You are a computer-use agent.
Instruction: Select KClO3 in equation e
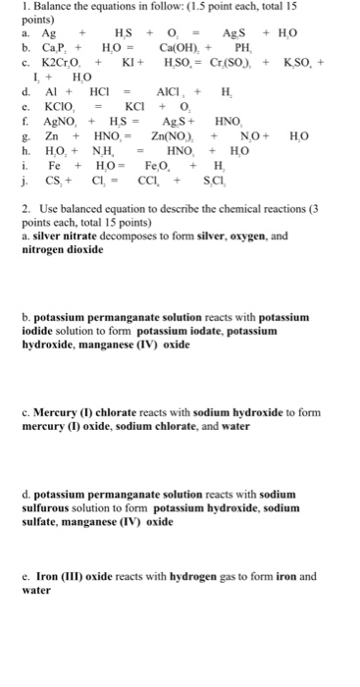[53, 105]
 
